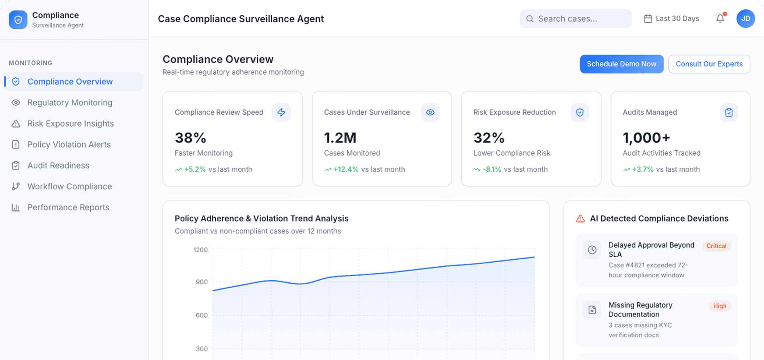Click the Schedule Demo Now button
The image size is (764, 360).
point(621,64)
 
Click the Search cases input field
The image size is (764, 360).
point(575,19)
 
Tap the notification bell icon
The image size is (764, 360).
point(720,18)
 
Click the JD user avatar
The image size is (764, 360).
point(745,18)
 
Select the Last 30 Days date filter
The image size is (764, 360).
point(671,19)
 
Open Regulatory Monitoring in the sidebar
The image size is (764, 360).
point(70,103)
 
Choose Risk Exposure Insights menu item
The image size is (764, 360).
point(70,124)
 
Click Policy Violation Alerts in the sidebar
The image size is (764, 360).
point(69,145)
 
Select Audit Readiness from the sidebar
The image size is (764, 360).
point(58,166)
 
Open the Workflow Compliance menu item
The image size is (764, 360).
point(69,187)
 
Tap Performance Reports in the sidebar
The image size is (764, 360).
point(68,208)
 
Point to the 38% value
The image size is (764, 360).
point(190,138)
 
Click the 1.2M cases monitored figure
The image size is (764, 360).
point(340,138)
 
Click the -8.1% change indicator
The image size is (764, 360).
point(491,169)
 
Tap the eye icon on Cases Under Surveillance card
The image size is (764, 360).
point(430,112)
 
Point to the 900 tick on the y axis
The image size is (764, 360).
point(202,282)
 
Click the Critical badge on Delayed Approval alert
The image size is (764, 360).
point(716,246)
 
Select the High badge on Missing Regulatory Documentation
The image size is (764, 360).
point(719,306)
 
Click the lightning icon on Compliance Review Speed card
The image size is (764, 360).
point(281,112)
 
